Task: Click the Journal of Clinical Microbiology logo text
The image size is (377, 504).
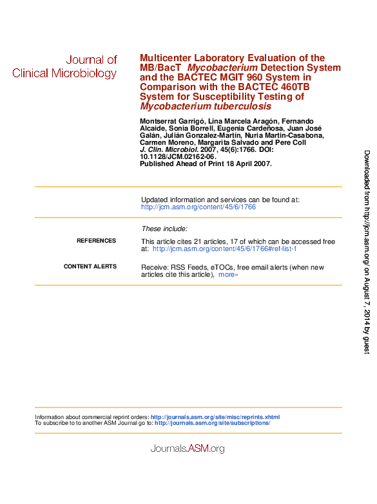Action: pos(64,66)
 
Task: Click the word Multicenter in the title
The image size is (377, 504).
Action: pos(165,58)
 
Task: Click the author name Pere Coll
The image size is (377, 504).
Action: pos(296,142)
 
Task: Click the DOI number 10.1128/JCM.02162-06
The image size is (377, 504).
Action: pos(177,156)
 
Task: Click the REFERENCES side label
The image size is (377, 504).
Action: pos(96,241)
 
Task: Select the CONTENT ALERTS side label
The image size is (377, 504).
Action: pos(90,266)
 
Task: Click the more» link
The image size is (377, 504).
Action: pos(228,275)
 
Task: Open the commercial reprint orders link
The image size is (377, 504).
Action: pos(215,417)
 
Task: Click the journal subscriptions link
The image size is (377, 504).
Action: pos(213,423)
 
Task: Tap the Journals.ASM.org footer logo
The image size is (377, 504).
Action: pos(187,449)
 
